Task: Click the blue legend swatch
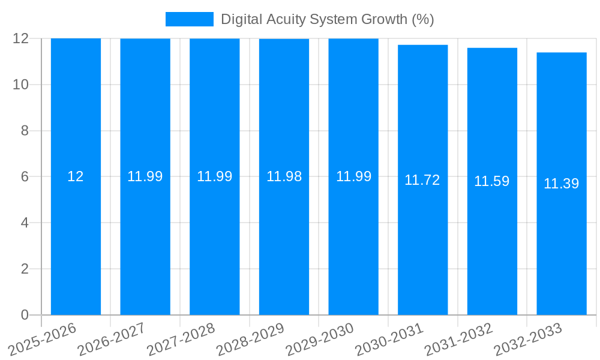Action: click(x=189, y=19)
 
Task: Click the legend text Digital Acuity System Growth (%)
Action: click(x=327, y=19)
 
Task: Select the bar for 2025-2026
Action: click(x=76, y=240)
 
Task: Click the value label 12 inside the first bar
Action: click(x=76, y=176)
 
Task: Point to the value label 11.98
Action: click(x=284, y=176)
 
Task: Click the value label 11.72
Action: click(x=422, y=180)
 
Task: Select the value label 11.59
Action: click(x=492, y=181)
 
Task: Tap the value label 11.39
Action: click(x=561, y=184)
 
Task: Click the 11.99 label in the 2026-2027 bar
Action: click(x=145, y=176)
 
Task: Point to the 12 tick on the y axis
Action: click(x=21, y=38)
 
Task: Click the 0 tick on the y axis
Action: click(x=25, y=315)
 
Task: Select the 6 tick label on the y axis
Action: click(x=25, y=177)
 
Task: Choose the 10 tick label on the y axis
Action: click(x=21, y=85)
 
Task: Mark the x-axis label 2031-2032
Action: click(x=459, y=339)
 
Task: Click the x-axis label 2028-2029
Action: click(x=251, y=339)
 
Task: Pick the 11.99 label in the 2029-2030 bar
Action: click(x=353, y=176)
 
